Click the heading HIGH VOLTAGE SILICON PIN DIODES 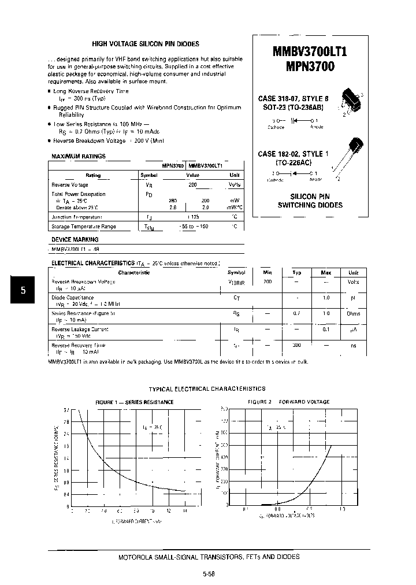click(x=146, y=44)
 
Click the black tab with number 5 click(x=23, y=291)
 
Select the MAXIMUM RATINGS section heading click(x=79, y=156)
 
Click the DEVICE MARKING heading click(x=75, y=239)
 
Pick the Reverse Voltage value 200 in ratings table click(x=192, y=184)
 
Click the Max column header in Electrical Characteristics click(x=326, y=272)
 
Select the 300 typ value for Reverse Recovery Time click(x=296, y=345)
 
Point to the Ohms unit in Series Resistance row click(x=353, y=313)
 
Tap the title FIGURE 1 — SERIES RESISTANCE click(x=134, y=402)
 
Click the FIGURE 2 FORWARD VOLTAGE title click(x=288, y=402)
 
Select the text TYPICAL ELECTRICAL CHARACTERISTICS click(x=207, y=389)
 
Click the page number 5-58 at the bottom click(x=209, y=574)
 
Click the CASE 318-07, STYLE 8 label click(x=293, y=98)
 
